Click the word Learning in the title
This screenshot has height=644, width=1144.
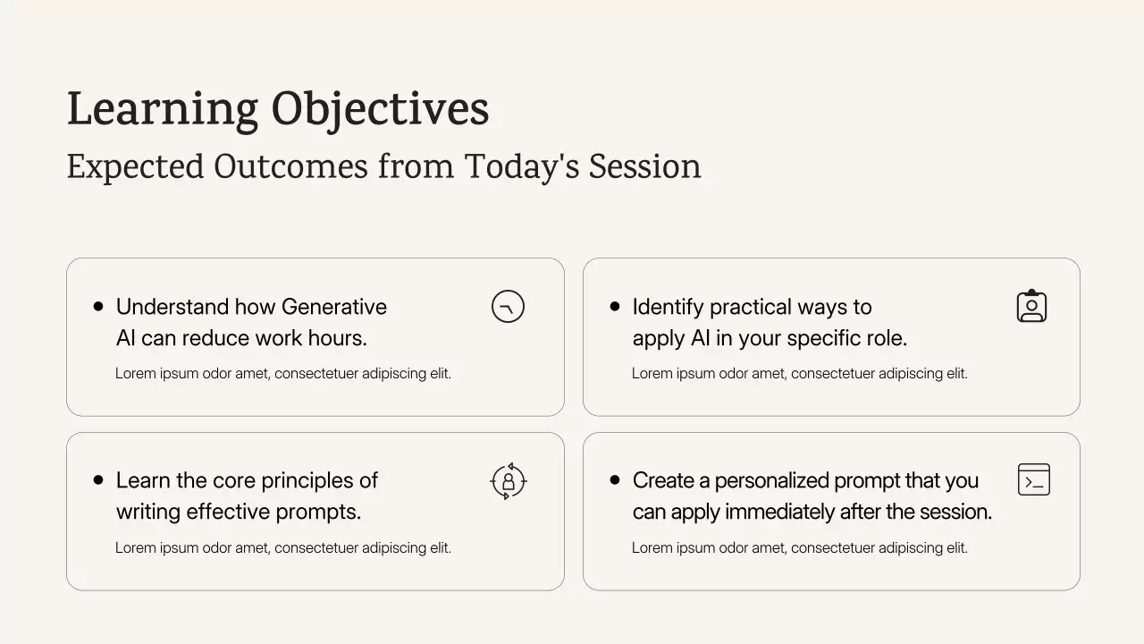pos(163,110)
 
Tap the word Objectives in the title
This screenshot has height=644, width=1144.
pos(380,110)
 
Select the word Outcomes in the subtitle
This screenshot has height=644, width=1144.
pos(290,166)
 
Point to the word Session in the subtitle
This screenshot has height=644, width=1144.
pos(644,166)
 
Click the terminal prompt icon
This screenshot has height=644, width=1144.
pos(1034,465)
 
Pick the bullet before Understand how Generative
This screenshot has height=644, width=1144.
pos(98,306)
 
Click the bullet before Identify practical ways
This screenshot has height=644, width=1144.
pos(615,306)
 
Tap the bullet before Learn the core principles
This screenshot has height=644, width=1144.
pos(98,480)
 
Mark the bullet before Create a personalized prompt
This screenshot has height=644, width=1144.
pos(615,480)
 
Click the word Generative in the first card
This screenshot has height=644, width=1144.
pos(334,307)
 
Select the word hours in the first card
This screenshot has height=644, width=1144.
pos(335,338)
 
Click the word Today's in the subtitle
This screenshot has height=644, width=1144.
pos(522,166)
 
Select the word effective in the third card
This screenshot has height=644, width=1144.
pos(228,512)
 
